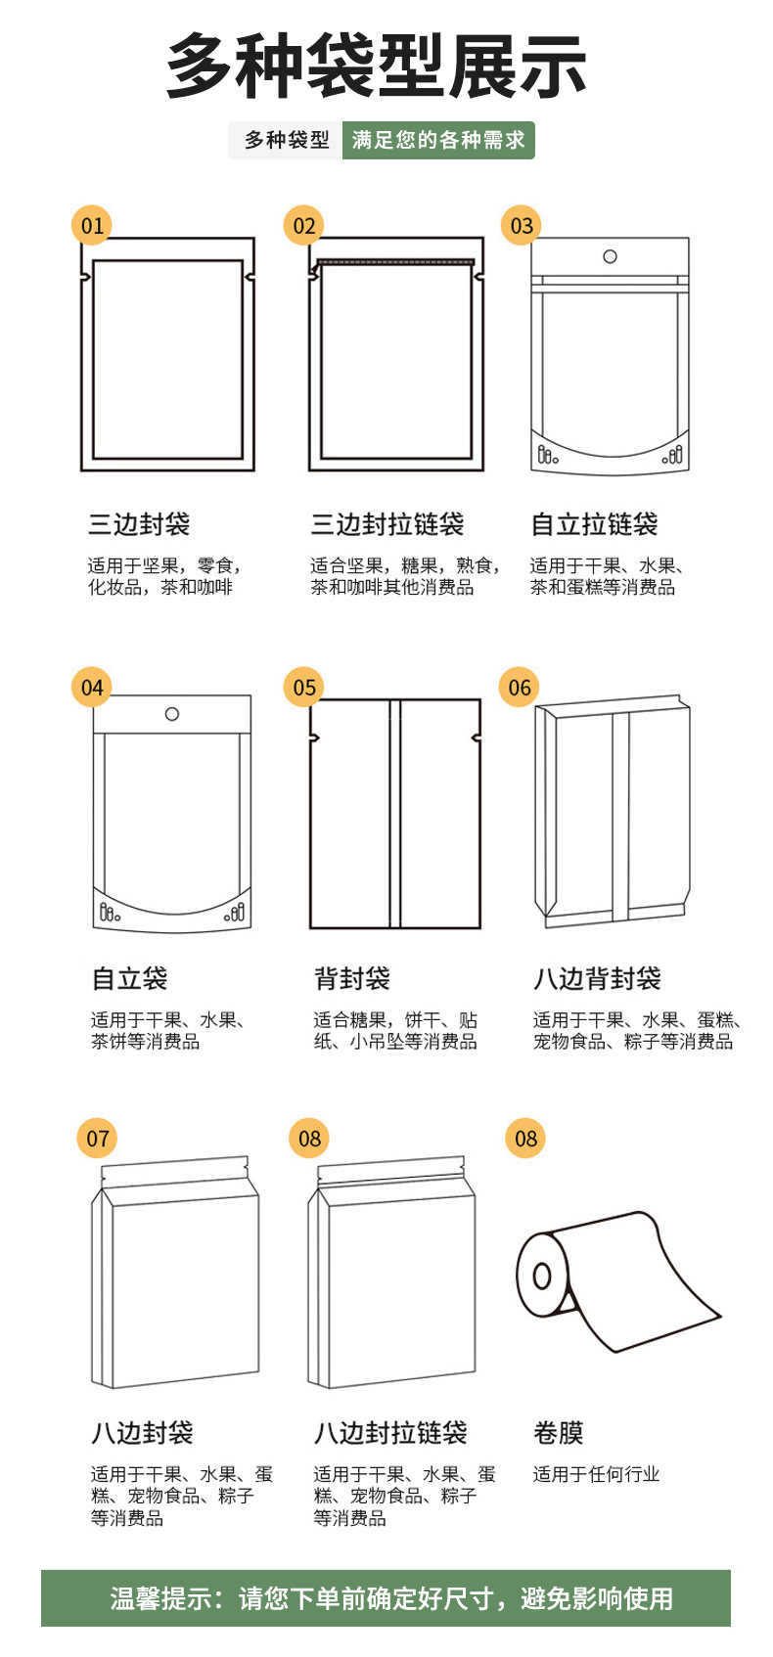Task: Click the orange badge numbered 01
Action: click(92, 226)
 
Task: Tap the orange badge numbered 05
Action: click(304, 688)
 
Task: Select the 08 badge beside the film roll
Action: click(525, 1139)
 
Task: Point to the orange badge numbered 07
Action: click(98, 1139)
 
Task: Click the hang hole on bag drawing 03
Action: click(610, 256)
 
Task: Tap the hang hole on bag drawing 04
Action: click(172, 714)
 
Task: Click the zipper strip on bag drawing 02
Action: click(396, 261)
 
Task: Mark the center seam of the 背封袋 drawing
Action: click(394, 814)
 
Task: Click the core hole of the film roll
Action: click(541, 1276)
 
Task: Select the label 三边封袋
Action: click(139, 524)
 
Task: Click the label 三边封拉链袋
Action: click(387, 524)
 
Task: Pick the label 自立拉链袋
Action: click(594, 524)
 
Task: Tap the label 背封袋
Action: click(352, 978)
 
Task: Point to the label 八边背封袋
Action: click(597, 978)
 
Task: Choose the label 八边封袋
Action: click(142, 1433)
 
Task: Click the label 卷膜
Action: click(558, 1433)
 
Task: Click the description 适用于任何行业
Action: click(596, 1474)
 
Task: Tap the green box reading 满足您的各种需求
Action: click(438, 141)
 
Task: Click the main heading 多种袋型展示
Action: click(377, 67)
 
